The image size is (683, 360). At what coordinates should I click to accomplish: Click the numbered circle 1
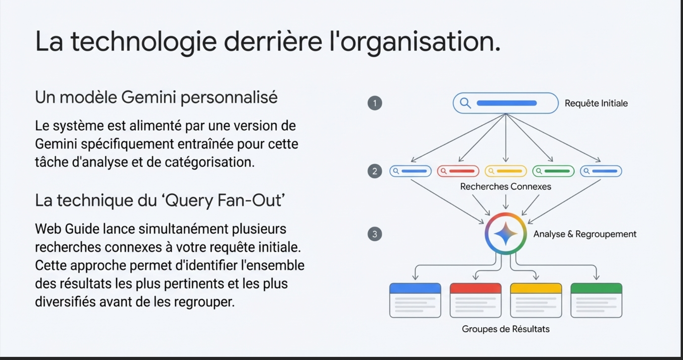click(375, 103)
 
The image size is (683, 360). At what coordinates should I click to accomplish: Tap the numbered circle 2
click(375, 171)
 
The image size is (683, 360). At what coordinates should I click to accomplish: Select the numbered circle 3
click(375, 234)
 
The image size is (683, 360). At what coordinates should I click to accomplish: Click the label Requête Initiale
click(596, 103)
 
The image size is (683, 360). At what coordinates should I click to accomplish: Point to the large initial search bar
click(505, 103)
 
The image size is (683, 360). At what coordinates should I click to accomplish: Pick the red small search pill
click(458, 171)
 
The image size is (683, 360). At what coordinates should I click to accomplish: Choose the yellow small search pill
click(506, 171)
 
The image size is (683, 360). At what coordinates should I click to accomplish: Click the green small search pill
click(553, 171)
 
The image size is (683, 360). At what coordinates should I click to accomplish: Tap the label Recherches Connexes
click(505, 187)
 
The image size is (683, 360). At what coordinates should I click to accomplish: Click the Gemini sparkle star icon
click(505, 233)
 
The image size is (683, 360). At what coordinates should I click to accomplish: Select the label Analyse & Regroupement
click(585, 234)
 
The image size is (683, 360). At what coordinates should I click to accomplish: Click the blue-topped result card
click(415, 300)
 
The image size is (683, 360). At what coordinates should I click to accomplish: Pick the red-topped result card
click(475, 300)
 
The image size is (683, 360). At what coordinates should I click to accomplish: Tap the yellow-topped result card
click(536, 300)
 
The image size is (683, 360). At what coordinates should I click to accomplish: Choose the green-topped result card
click(596, 300)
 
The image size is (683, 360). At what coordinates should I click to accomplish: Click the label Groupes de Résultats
click(505, 329)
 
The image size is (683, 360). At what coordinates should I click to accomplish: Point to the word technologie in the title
click(143, 41)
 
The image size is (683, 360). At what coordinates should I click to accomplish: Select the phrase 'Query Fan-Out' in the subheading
click(223, 200)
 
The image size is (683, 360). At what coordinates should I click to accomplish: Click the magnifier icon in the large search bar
click(465, 103)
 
